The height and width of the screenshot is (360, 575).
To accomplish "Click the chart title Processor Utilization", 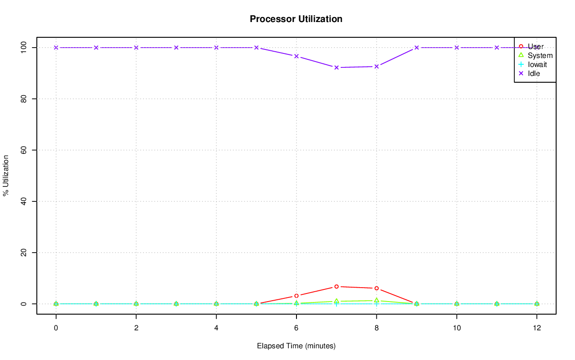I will (x=296, y=19).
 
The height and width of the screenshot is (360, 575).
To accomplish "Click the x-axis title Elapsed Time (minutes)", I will (x=296, y=346).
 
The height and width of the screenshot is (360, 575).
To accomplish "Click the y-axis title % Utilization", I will (x=6, y=176).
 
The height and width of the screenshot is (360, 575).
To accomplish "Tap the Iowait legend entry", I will (x=537, y=64).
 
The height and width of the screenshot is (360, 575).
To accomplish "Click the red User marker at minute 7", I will (x=336, y=286).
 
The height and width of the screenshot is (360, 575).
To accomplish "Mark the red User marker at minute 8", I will (x=376, y=288).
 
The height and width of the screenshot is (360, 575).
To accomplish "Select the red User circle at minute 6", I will (x=296, y=296).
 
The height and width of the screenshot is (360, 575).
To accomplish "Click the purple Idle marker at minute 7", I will (x=336, y=67).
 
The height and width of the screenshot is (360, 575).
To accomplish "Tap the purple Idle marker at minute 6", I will (x=296, y=56).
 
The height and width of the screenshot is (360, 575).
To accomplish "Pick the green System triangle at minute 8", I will (x=376, y=300).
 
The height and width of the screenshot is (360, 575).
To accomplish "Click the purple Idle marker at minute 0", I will (x=56, y=47).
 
